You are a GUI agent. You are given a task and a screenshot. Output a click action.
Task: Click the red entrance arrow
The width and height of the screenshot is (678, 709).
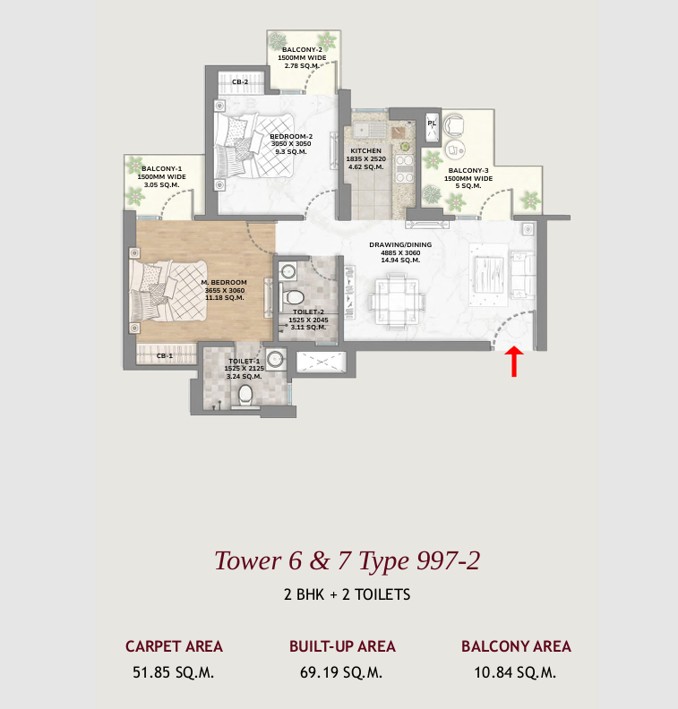click(x=514, y=363)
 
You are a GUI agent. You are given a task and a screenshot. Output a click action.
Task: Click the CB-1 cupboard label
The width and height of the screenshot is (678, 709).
click(x=164, y=356)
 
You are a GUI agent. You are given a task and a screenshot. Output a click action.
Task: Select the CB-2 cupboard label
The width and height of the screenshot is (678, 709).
click(x=240, y=82)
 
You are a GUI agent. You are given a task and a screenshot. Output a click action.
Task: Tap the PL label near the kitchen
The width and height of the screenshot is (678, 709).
click(x=432, y=123)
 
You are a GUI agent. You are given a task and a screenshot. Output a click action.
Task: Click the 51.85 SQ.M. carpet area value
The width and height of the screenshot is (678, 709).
click(x=174, y=672)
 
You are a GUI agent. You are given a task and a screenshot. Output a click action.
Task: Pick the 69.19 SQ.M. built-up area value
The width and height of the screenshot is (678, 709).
click(x=342, y=672)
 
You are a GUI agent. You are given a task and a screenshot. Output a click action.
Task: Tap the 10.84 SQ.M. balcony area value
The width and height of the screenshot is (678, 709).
click(x=516, y=672)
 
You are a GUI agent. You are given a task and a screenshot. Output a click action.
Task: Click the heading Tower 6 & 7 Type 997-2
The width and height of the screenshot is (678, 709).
click(x=348, y=560)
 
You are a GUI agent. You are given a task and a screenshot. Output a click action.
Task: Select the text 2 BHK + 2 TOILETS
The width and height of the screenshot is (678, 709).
click(x=347, y=594)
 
